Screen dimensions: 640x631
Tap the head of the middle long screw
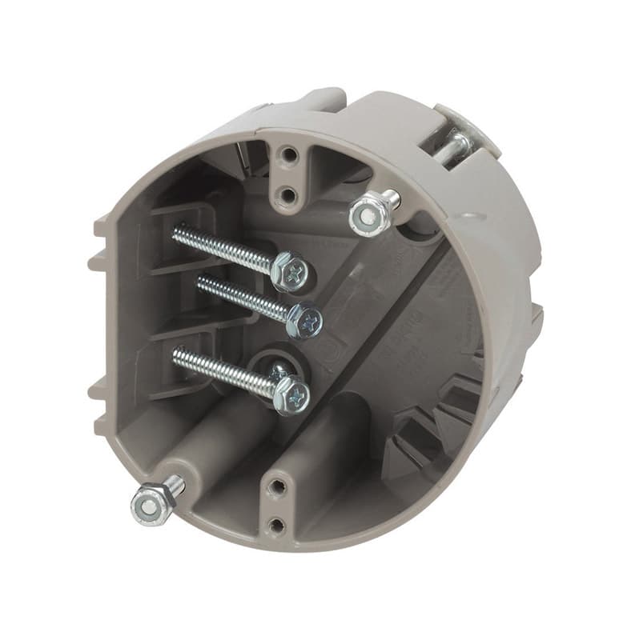(306, 320)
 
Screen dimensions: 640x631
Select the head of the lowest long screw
(292, 394)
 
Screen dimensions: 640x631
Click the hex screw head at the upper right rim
(366, 214)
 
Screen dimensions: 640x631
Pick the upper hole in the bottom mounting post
(275, 485)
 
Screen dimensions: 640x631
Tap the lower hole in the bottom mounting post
(276, 525)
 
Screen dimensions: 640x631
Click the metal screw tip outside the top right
(457, 144)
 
